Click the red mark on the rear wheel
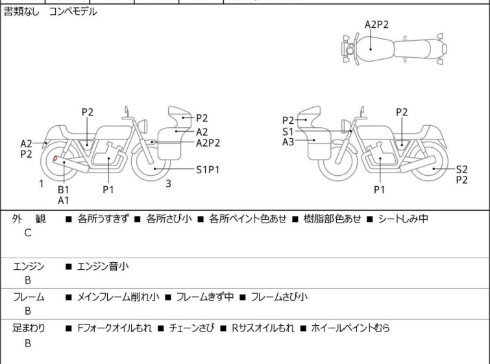55,158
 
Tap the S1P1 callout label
208,169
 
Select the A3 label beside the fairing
288,142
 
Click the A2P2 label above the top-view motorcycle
376,25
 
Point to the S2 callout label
462,169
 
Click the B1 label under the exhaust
64,189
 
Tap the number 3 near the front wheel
169,184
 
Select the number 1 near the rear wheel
42,184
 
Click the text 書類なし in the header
21,12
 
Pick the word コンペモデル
73,12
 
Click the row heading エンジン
29,266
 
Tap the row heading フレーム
29,297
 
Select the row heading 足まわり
29,328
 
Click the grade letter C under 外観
28,233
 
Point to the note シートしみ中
403,219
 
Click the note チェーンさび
192,328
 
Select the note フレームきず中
205,297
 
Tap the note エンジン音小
103,266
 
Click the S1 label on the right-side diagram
288,132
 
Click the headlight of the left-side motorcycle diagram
143,126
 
